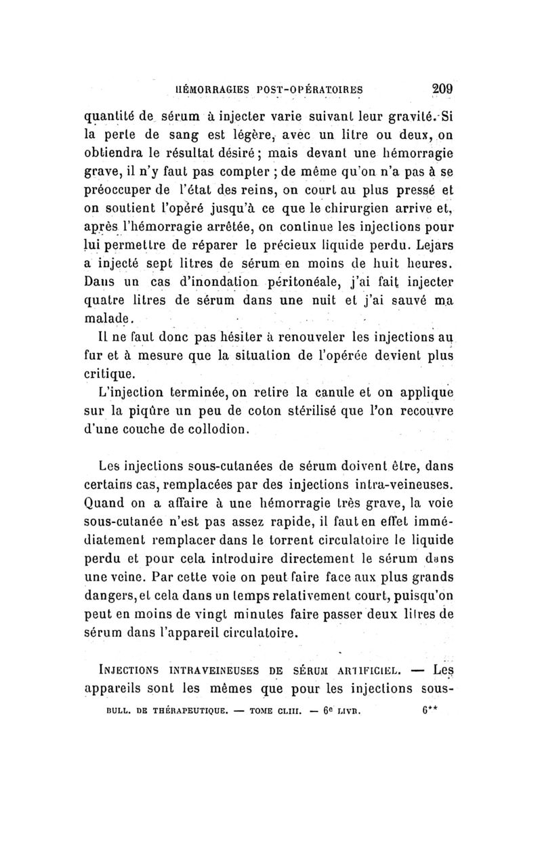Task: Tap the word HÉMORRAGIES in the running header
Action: click(211, 88)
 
